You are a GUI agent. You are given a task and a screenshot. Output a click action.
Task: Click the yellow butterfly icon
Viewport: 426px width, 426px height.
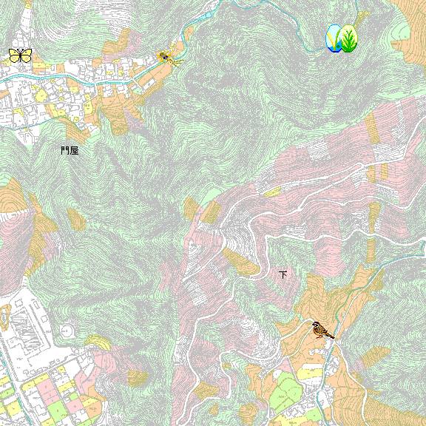20,55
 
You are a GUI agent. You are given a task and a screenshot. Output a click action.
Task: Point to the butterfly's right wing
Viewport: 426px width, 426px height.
26,55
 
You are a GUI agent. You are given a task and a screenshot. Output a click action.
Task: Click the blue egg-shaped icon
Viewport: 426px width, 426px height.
334,38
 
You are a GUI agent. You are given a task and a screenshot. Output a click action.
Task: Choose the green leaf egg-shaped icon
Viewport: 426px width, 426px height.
348,38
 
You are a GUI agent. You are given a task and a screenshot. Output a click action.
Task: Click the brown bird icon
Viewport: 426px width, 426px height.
321,330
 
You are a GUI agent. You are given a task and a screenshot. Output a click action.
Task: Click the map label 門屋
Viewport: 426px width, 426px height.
70,150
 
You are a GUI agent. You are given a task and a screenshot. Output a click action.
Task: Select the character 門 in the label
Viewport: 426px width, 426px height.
65,150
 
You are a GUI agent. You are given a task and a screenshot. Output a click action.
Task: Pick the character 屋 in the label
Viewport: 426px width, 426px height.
74,150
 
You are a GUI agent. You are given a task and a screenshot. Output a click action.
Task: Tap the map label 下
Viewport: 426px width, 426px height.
283,274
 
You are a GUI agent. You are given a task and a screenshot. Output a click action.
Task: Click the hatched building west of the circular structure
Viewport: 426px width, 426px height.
22,325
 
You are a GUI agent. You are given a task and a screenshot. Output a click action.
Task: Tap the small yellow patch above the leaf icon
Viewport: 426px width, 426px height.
362,16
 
